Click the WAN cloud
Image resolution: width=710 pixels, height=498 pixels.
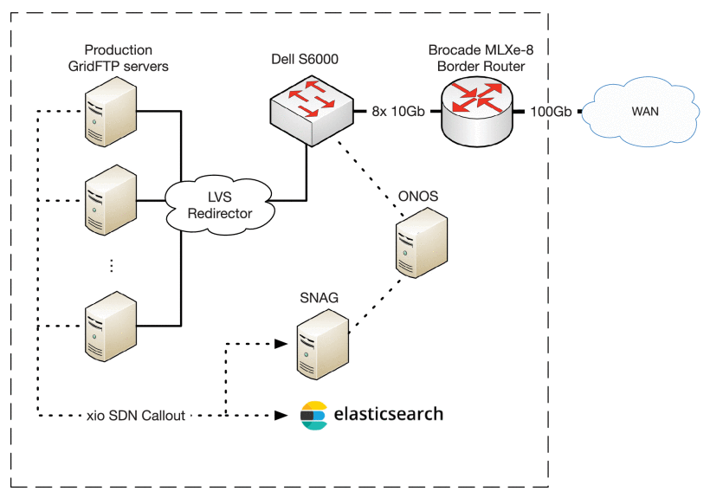(640, 112)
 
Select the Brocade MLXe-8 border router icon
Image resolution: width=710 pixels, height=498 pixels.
(475, 108)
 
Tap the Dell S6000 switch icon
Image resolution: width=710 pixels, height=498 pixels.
(310, 105)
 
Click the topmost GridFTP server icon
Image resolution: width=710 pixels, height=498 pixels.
(109, 113)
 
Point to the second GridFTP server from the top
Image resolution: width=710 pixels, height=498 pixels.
(109, 200)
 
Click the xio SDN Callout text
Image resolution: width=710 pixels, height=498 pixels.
(136, 416)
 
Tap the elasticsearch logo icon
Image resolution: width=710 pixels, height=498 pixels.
(313, 416)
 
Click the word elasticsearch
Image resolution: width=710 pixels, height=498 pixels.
(388, 414)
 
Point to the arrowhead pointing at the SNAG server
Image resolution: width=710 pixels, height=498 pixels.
(281, 344)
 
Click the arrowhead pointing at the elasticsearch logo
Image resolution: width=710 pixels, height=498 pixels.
(281, 416)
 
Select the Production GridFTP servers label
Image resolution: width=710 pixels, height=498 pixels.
(119, 58)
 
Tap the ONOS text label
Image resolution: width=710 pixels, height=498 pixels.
(418, 197)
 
